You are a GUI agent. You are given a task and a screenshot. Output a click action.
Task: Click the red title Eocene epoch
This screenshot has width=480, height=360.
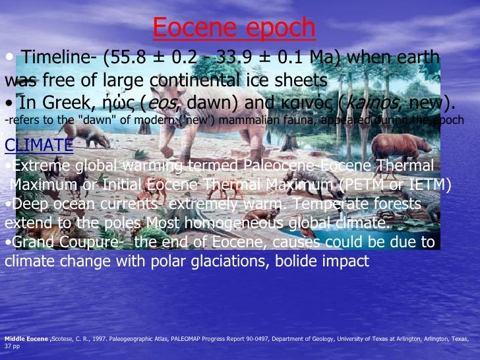[x=234, y=27]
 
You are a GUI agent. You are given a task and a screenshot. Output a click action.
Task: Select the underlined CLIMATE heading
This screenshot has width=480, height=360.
[x=39, y=145]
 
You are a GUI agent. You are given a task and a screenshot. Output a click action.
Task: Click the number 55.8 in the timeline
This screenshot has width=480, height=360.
[x=133, y=59]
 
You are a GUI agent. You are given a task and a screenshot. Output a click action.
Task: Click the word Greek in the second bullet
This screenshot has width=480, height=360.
[x=65, y=103]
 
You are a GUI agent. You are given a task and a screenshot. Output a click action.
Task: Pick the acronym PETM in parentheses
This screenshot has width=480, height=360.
[x=365, y=185]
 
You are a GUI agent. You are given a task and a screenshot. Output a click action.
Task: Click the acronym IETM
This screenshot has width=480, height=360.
[x=424, y=185]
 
